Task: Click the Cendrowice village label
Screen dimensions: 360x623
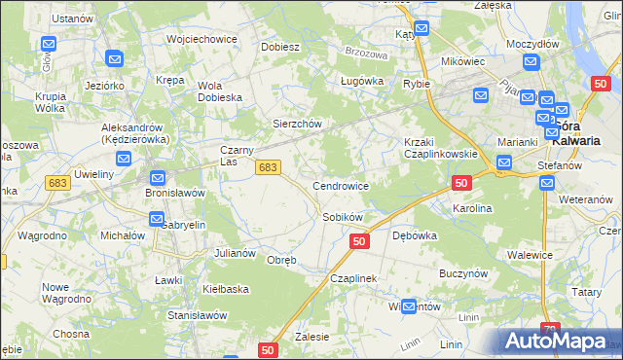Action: coord(340,185)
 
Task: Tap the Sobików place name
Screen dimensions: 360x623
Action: coord(343,217)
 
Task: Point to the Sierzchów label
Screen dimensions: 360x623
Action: coord(296,125)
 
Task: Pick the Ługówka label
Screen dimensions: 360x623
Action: coord(358,82)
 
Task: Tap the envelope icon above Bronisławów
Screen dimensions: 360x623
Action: coord(158,178)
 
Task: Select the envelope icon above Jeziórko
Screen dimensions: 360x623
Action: coord(113,59)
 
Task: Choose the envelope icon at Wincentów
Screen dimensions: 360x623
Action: coord(409,306)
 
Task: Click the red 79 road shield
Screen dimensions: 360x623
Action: coord(551,331)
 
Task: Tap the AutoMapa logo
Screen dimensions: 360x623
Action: coord(558,342)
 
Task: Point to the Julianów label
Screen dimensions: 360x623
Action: coord(234,253)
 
